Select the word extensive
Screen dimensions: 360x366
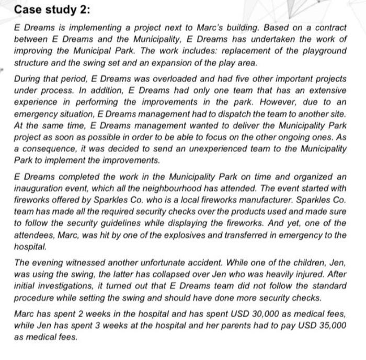coord(324,90)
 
